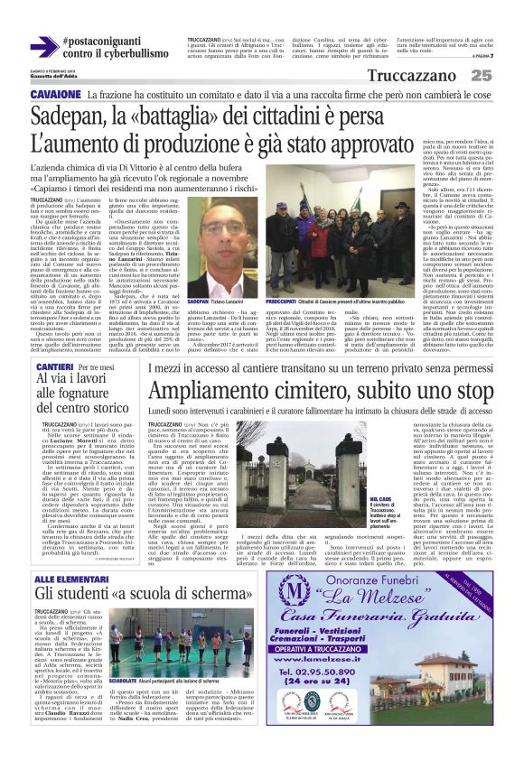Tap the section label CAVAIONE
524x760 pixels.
[x=61, y=94]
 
